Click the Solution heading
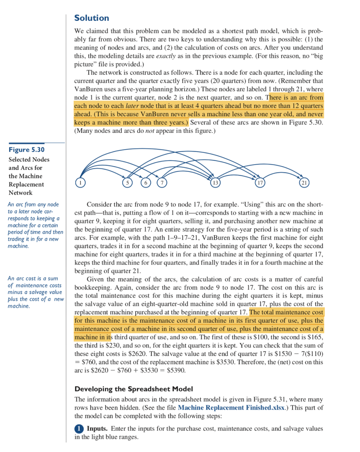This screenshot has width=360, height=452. click(91, 18)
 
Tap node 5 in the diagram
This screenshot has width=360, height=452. click(127, 182)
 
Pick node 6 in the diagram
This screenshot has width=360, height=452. click(145, 182)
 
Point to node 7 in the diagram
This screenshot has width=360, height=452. click(162, 182)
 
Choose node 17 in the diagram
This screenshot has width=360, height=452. click(260, 182)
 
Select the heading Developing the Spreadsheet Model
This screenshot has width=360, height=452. click(134, 389)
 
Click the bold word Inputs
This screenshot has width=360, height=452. click(97, 429)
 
